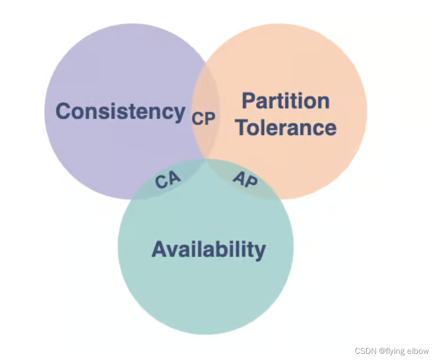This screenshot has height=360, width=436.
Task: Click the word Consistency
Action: pos(120,112)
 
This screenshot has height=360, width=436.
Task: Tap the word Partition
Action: pos(285,101)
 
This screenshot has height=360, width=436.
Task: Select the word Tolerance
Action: pos(286,127)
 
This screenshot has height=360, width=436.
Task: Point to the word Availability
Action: pos(209,249)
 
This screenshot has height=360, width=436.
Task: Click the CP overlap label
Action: pos(203,118)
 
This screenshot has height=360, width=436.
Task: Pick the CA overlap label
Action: pos(168,180)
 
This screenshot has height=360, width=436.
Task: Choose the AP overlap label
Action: pos(245,179)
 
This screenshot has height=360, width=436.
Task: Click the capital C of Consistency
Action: pos(64,112)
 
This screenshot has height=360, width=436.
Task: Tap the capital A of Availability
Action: pos(160,249)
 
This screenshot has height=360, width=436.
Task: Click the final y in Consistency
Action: pos(179,114)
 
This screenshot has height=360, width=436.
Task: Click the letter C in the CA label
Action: pos(162,182)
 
